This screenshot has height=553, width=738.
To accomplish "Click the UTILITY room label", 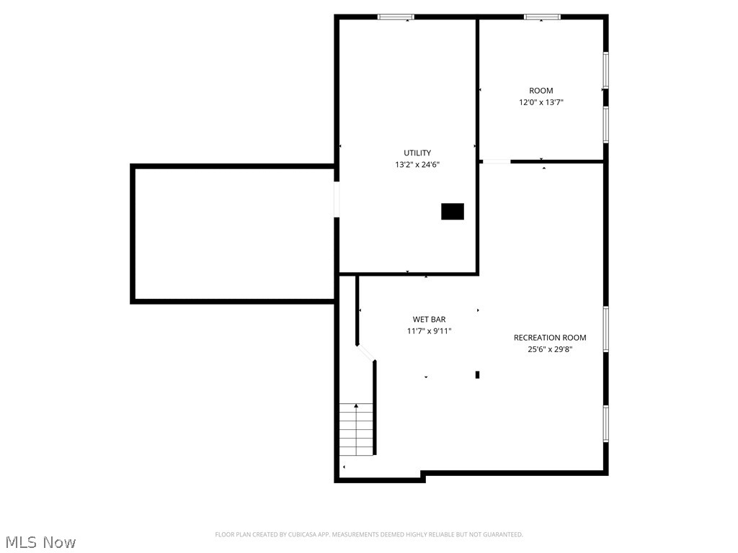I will pyautogui.click(x=417, y=153).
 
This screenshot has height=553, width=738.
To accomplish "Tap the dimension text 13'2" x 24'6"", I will pyautogui.click(x=417, y=164).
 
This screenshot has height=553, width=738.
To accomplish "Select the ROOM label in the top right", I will pyautogui.click(x=541, y=91).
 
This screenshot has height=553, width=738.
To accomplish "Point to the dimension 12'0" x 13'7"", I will pyautogui.click(x=541, y=102).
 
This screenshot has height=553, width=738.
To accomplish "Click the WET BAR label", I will pyautogui.click(x=429, y=319).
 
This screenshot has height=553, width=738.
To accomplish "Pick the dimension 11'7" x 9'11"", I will pyautogui.click(x=429, y=331).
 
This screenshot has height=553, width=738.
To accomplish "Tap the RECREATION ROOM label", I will pyautogui.click(x=550, y=338).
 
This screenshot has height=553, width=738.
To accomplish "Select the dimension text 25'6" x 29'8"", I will pyautogui.click(x=550, y=349).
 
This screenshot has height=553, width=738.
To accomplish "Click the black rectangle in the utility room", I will pyautogui.click(x=453, y=212).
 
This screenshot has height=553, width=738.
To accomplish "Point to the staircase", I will pyautogui.click(x=357, y=429).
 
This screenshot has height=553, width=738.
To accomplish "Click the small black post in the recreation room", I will pyautogui.click(x=477, y=374).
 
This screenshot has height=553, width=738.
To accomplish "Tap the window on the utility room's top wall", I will pyautogui.click(x=396, y=17).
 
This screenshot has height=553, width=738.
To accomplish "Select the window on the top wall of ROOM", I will pyautogui.click(x=542, y=17).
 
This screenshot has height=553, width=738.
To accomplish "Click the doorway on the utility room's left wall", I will pyautogui.click(x=337, y=199).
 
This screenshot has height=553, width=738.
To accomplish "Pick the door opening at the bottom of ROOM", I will pyautogui.click(x=496, y=161).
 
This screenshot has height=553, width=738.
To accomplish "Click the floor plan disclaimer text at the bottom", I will pyautogui.click(x=369, y=534).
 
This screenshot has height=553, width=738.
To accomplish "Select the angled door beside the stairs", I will pyautogui.click(x=366, y=352).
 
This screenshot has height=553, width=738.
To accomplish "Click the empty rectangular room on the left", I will pyautogui.click(x=234, y=233).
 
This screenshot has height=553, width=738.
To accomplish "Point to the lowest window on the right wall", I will pyautogui.click(x=606, y=423).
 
